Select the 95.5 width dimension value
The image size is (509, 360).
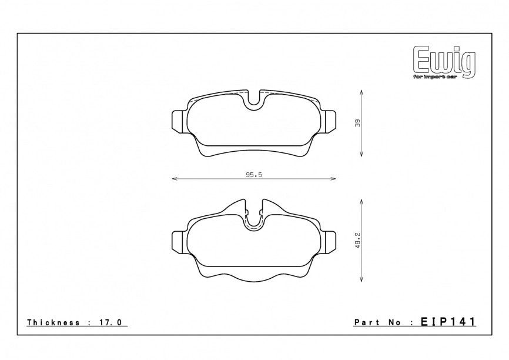click(253, 174)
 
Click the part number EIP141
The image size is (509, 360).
click(448, 322)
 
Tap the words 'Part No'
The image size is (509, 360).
click(377, 322)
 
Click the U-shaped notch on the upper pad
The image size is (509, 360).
click(253, 101)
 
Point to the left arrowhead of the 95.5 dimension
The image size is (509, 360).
click(173, 178)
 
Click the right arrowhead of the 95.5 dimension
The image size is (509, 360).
click(334, 178)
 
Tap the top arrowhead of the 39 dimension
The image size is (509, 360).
click(361, 92)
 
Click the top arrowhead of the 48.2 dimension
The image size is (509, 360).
click(361, 201)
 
